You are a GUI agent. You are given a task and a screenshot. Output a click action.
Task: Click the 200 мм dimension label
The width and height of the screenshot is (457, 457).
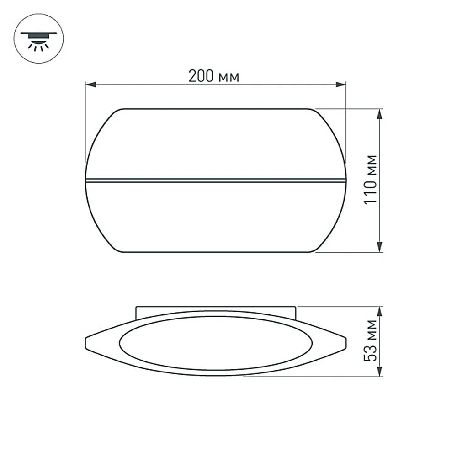tap(214, 76)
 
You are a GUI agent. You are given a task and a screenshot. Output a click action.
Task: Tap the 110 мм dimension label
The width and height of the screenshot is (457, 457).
tap(371, 180)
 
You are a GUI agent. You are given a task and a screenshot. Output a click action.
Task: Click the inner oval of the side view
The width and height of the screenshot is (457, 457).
tap(216, 342)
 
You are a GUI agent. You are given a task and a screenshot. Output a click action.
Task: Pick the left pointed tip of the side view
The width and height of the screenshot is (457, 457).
tap(87, 342)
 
